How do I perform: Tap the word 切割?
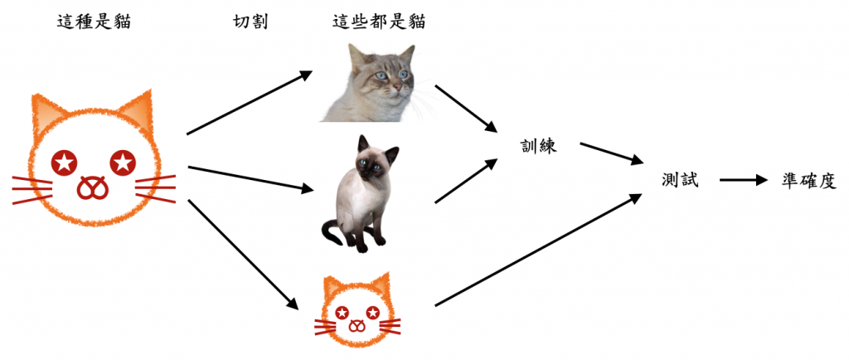(x=250, y=22)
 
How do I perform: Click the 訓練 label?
(x=535, y=147)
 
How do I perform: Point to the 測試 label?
(x=680, y=180)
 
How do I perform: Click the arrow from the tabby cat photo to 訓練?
(x=465, y=108)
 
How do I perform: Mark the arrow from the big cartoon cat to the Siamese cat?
(x=249, y=180)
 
